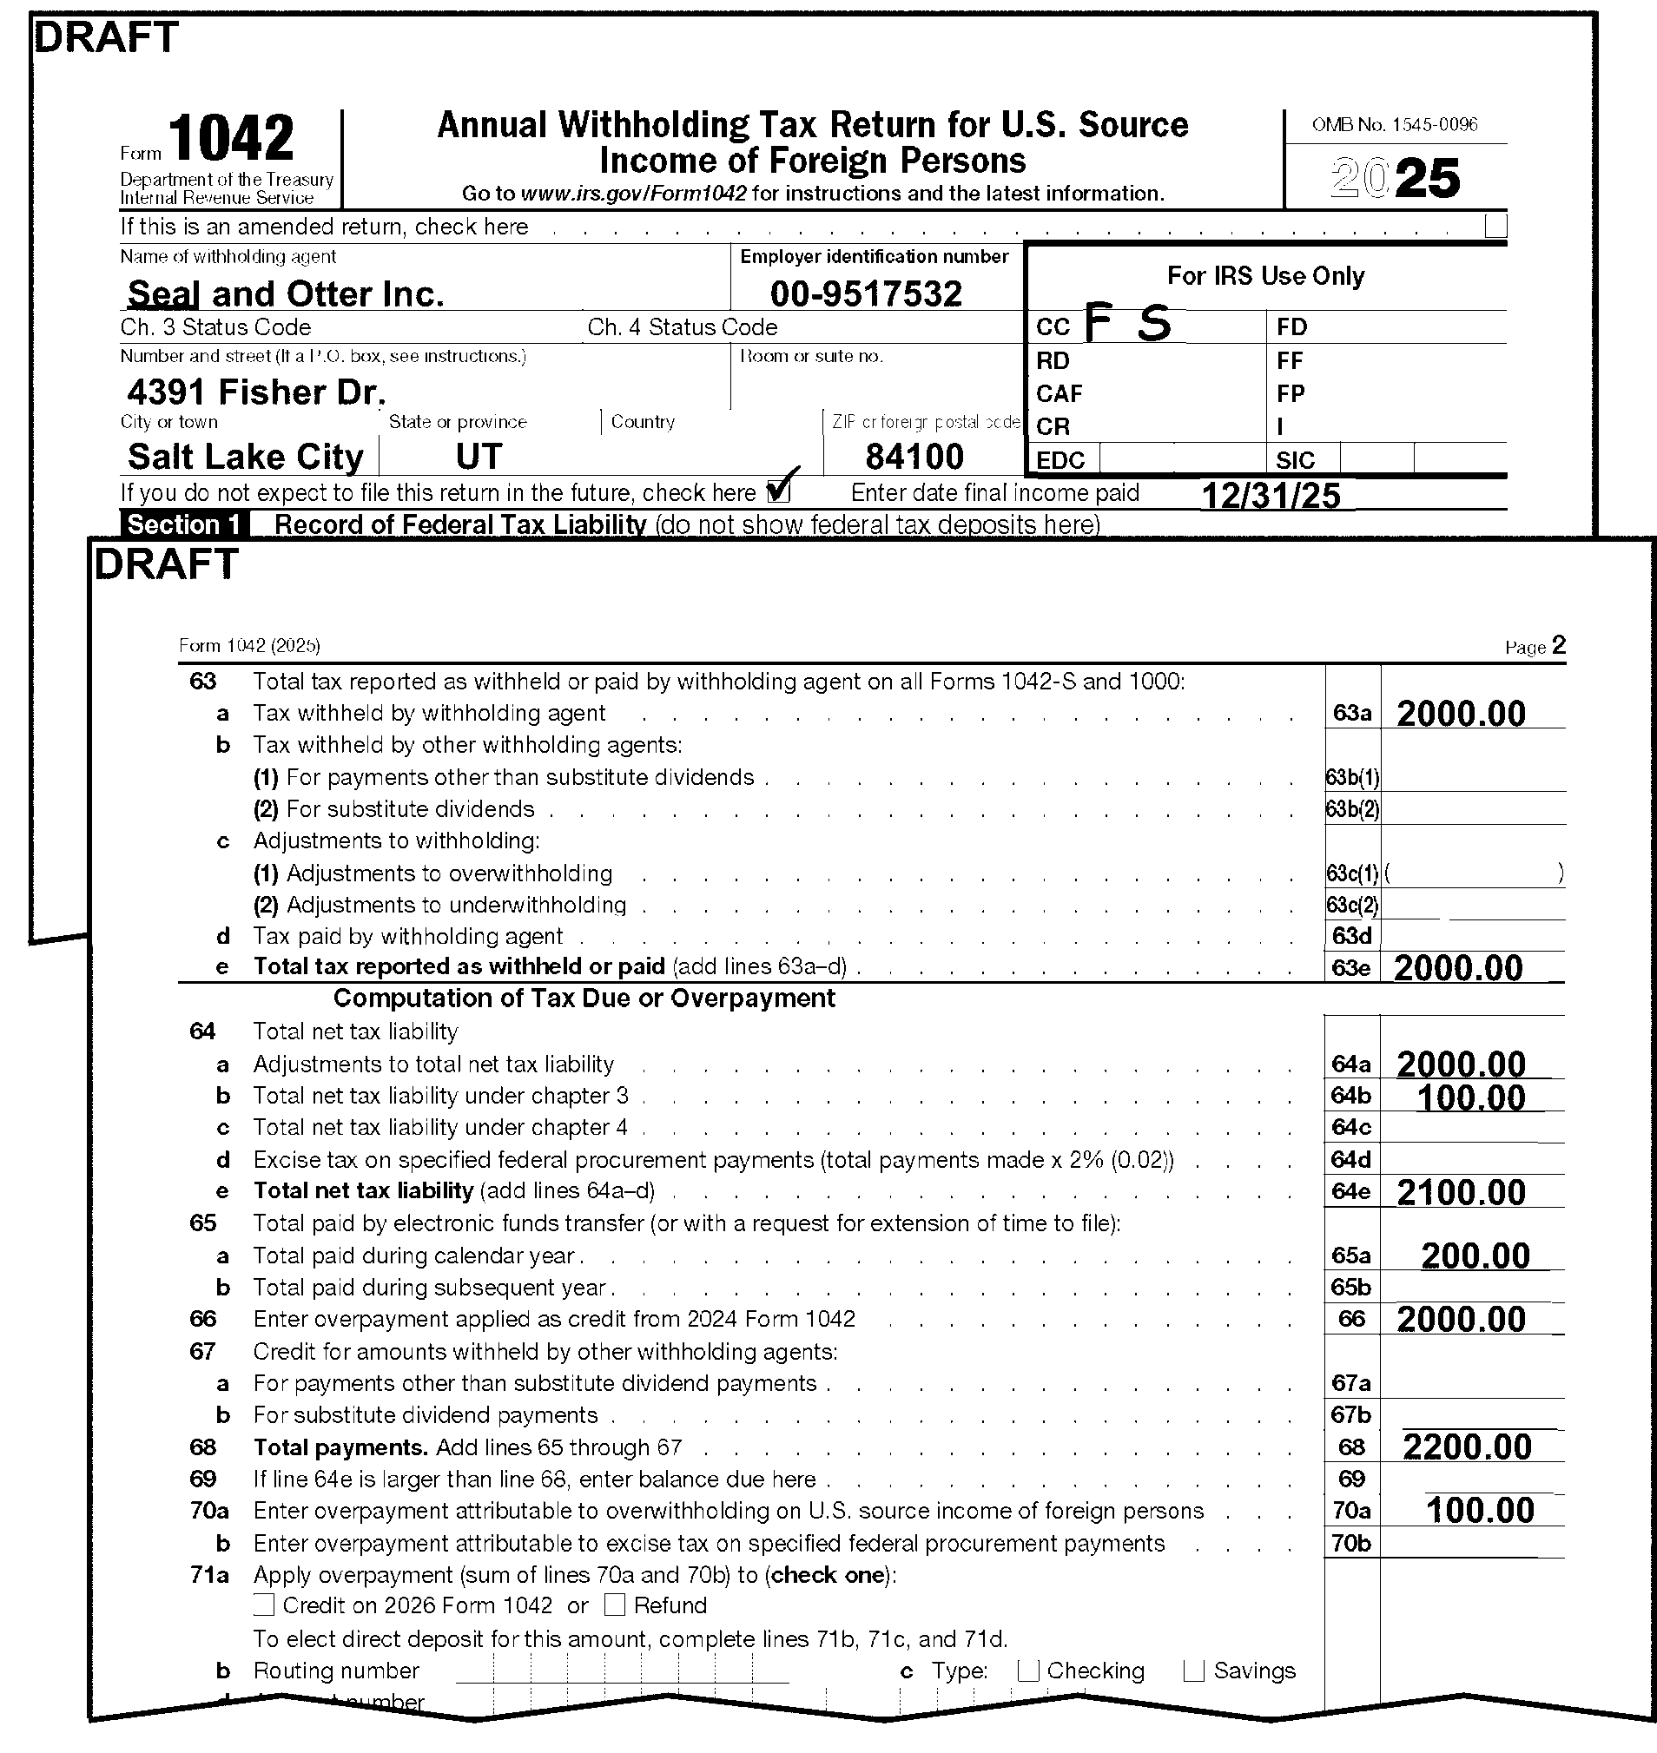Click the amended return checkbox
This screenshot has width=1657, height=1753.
pos(1495,226)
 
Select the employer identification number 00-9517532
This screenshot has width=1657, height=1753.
pos(866,294)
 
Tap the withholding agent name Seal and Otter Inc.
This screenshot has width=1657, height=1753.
pos(286,294)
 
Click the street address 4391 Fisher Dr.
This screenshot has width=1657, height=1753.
pos(256,392)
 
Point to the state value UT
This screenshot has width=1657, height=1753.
pos(479,458)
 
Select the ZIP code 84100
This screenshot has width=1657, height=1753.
pos(914,458)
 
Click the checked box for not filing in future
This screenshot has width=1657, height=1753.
pos(778,491)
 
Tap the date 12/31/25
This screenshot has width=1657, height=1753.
pos(1271,496)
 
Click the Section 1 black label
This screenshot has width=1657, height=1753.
pos(184,524)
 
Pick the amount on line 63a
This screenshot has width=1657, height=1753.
pos(1461,714)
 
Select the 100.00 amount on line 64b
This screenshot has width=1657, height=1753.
pos(1471,1097)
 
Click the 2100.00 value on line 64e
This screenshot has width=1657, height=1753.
pos(1461,1192)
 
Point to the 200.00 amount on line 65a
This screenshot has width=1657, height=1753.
pos(1475,1255)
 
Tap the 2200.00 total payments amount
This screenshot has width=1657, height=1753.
pos(1467,1447)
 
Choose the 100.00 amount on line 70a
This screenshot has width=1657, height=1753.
pos(1481,1511)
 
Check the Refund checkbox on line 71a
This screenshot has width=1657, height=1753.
pos(615,1605)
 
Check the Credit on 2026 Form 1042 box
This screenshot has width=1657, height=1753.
pos(264,1605)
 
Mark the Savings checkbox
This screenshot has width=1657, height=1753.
pos(1193,1671)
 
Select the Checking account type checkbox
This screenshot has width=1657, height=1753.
pos(1027,1671)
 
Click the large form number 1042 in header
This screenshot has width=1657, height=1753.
pos(230,139)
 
